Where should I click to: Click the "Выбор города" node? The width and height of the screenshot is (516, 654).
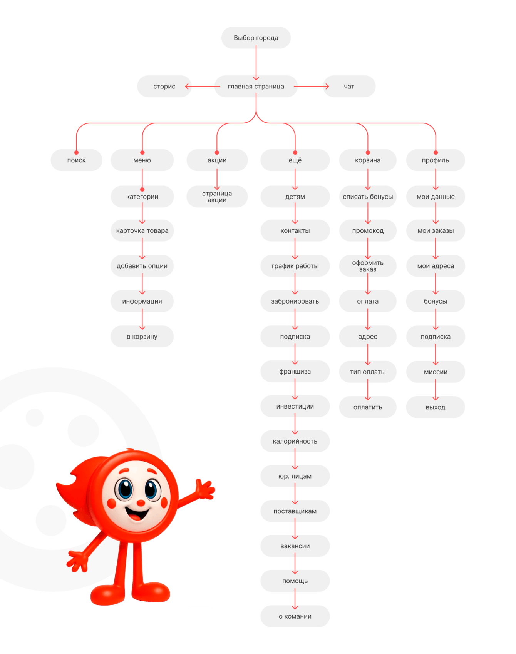click(x=256, y=38)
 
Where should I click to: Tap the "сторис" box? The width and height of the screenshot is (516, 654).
click(x=164, y=87)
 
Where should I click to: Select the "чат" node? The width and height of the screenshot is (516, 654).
click(x=349, y=87)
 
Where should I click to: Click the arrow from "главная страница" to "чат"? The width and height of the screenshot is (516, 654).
click(x=311, y=87)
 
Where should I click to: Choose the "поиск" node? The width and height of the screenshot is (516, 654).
click(x=76, y=160)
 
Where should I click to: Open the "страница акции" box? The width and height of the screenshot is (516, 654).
click(x=217, y=197)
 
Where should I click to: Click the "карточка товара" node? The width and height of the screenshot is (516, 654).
click(x=142, y=230)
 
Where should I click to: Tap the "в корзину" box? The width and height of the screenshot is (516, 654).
click(x=142, y=337)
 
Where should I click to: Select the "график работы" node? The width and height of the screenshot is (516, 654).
click(x=295, y=266)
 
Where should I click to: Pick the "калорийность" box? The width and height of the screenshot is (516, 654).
click(x=295, y=441)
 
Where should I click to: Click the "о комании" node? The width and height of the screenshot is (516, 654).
click(x=295, y=616)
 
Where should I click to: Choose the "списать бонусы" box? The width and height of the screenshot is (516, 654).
click(x=368, y=197)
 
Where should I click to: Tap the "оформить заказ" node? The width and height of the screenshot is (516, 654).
click(x=368, y=266)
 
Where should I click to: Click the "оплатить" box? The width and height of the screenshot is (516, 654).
click(x=368, y=407)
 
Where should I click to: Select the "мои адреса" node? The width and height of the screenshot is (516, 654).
click(x=436, y=266)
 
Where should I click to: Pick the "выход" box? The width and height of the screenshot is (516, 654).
click(x=436, y=407)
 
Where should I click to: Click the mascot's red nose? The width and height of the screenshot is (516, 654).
click(x=141, y=503)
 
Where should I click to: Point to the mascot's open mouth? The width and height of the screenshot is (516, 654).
click(x=137, y=514)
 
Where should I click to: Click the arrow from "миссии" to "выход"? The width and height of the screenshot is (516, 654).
click(x=436, y=390)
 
